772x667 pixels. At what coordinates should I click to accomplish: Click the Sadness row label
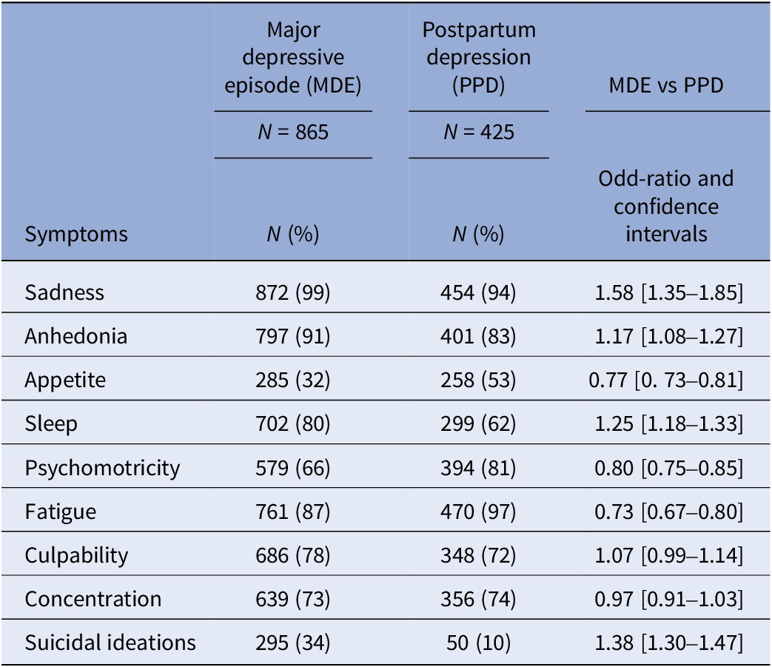pos(64,292)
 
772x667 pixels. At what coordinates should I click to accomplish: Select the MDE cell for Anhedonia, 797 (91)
pos(293,336)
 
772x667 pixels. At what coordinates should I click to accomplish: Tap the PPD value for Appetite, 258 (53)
pos(478,380)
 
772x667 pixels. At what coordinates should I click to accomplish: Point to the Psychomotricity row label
pos(102,468)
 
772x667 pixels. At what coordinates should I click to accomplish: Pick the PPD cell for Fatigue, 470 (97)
pos(478,512)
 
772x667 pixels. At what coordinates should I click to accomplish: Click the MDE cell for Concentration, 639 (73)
pos(293,599)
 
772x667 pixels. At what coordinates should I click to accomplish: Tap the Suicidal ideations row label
pos(110,643)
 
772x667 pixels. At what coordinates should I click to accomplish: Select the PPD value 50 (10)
pos(478,643)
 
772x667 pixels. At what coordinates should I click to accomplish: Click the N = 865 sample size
pos(293,133)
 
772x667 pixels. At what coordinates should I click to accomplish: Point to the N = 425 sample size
pos(478,133)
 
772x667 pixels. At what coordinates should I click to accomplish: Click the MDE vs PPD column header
pos(666,85)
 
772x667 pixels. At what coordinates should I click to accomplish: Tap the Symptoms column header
pos(76,235)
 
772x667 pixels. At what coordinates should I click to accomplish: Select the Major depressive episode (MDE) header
pos(293,58)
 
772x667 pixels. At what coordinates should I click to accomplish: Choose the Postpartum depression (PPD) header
pos(479,58)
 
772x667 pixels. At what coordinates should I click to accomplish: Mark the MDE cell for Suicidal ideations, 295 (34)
pos(293,643)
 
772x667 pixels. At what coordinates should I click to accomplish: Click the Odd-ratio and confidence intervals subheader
pos(666,207)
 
